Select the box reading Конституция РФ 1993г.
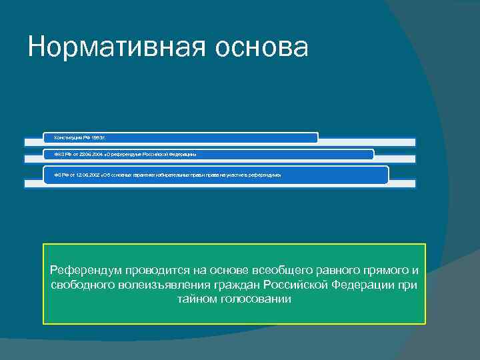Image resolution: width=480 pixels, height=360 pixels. pyautogui.click(x=180, y=137)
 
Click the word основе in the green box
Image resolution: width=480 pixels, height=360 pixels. pyautogui.click(x=227, y=271)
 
